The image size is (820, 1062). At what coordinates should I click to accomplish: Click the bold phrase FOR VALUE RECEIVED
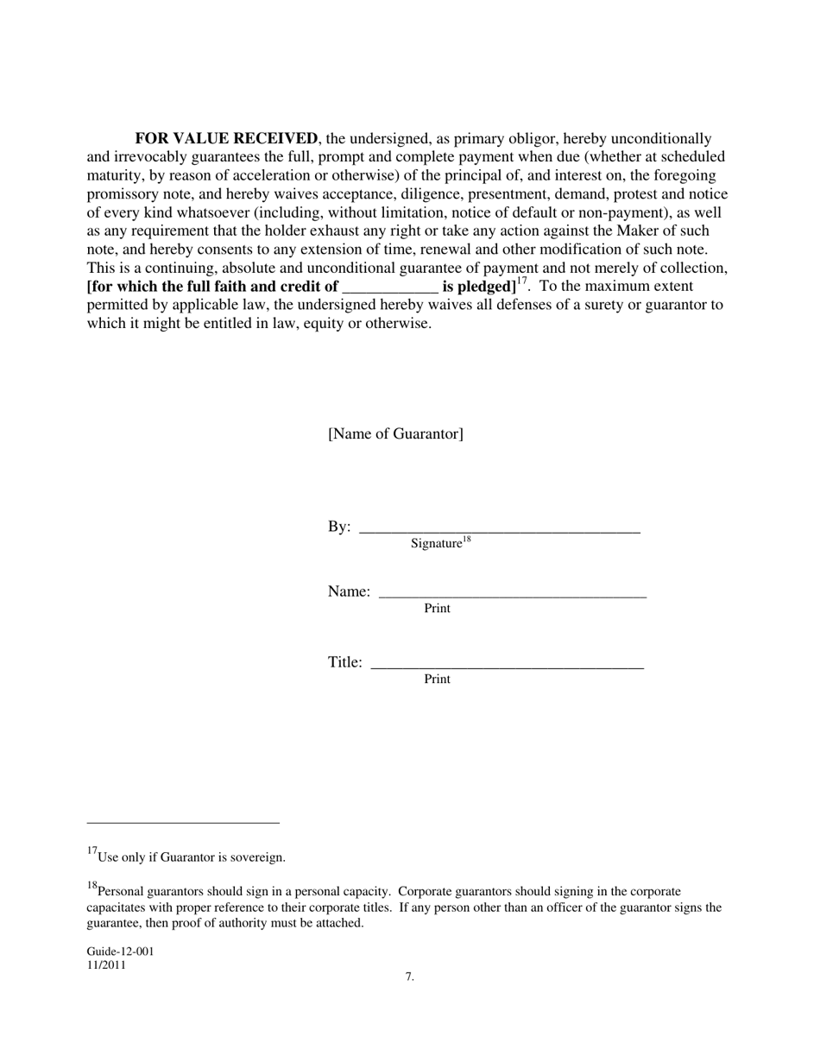pyautogui.click(x=226, y=139)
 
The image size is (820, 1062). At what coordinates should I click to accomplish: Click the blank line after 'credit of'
pyautogui.click(x=390, y=288)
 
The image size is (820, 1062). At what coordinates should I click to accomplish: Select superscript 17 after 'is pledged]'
pyautogui.click(x=522, y=281)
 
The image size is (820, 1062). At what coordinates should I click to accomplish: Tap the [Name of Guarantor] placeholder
pyautogui.click(x=395, y=433)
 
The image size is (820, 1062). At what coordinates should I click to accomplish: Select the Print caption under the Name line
pyautogui.click(x=437, y=609)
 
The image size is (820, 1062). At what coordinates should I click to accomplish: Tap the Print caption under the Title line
pyautogui.click(x=437, y=680)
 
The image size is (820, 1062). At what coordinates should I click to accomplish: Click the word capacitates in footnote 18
pyautogui.click(x=120, y=907)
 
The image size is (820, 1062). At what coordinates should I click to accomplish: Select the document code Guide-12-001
pyautogui.click(x=120, y=951)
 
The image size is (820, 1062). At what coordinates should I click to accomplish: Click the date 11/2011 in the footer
pyautogui.click(x=106, y=965)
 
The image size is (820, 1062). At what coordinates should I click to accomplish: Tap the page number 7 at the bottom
pyautogui.click(x=409, y=977)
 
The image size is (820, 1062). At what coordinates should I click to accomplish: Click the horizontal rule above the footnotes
pyautogui.click(x=183, y=823)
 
